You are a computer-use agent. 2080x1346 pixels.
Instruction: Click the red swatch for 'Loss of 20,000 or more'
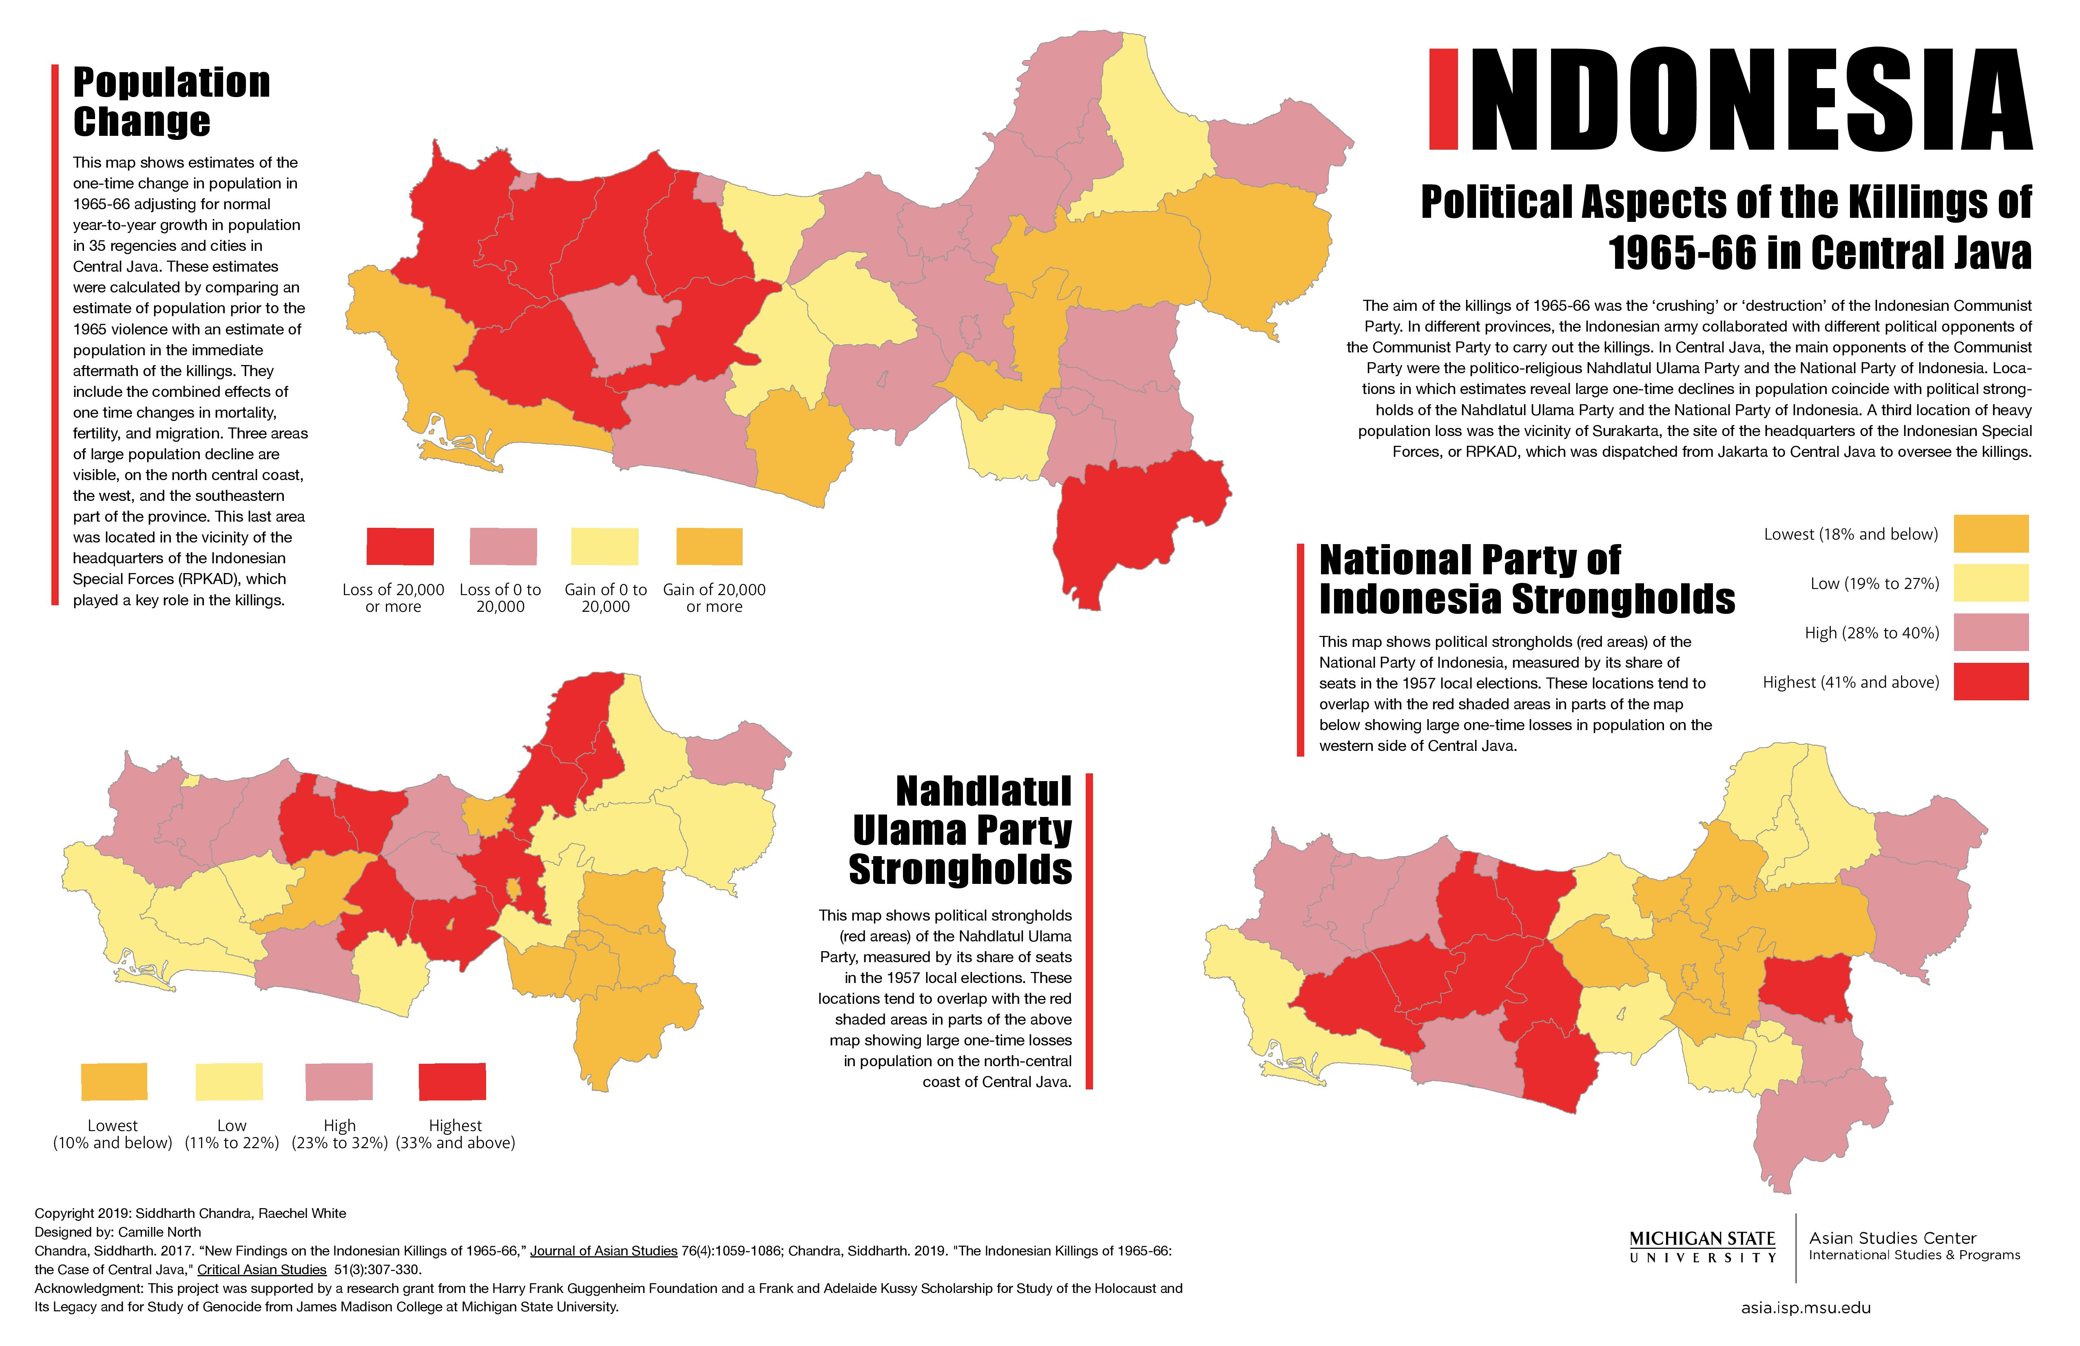point(399,546)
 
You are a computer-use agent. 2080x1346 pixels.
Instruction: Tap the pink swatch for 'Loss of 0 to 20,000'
point(502,546)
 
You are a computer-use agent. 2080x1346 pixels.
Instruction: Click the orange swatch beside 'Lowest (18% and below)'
point(1990,534)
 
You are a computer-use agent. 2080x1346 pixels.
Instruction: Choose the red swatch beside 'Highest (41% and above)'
point(1990,682)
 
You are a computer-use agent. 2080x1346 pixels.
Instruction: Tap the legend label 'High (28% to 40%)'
point(1871,633)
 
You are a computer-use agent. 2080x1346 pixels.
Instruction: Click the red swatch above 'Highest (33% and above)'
point(452,1081)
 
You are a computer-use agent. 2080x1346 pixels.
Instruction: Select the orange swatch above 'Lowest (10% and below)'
point(114,1081)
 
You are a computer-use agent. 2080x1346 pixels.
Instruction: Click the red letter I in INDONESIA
point(1443,99)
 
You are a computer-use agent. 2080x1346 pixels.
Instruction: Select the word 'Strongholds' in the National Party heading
point(1623,600)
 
